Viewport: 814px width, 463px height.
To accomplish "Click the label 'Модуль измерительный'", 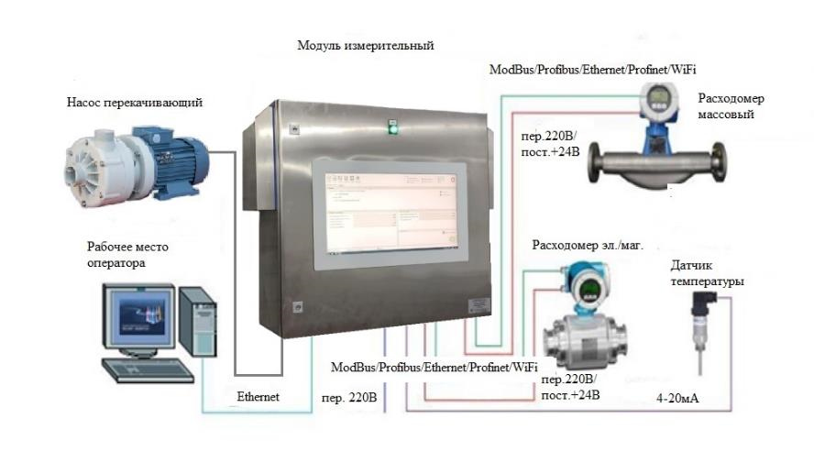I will pos(366,45).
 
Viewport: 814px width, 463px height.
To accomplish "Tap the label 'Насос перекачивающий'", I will pos(135,104).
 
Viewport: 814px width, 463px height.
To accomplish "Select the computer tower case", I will pos(199,325).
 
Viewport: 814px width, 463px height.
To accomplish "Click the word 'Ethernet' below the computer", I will pos(258,398).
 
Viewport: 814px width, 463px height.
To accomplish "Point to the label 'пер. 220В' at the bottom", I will pos(348,399).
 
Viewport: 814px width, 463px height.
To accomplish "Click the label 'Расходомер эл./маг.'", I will pos(581,247).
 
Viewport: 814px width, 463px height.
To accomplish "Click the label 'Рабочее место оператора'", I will pos(128,255).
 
